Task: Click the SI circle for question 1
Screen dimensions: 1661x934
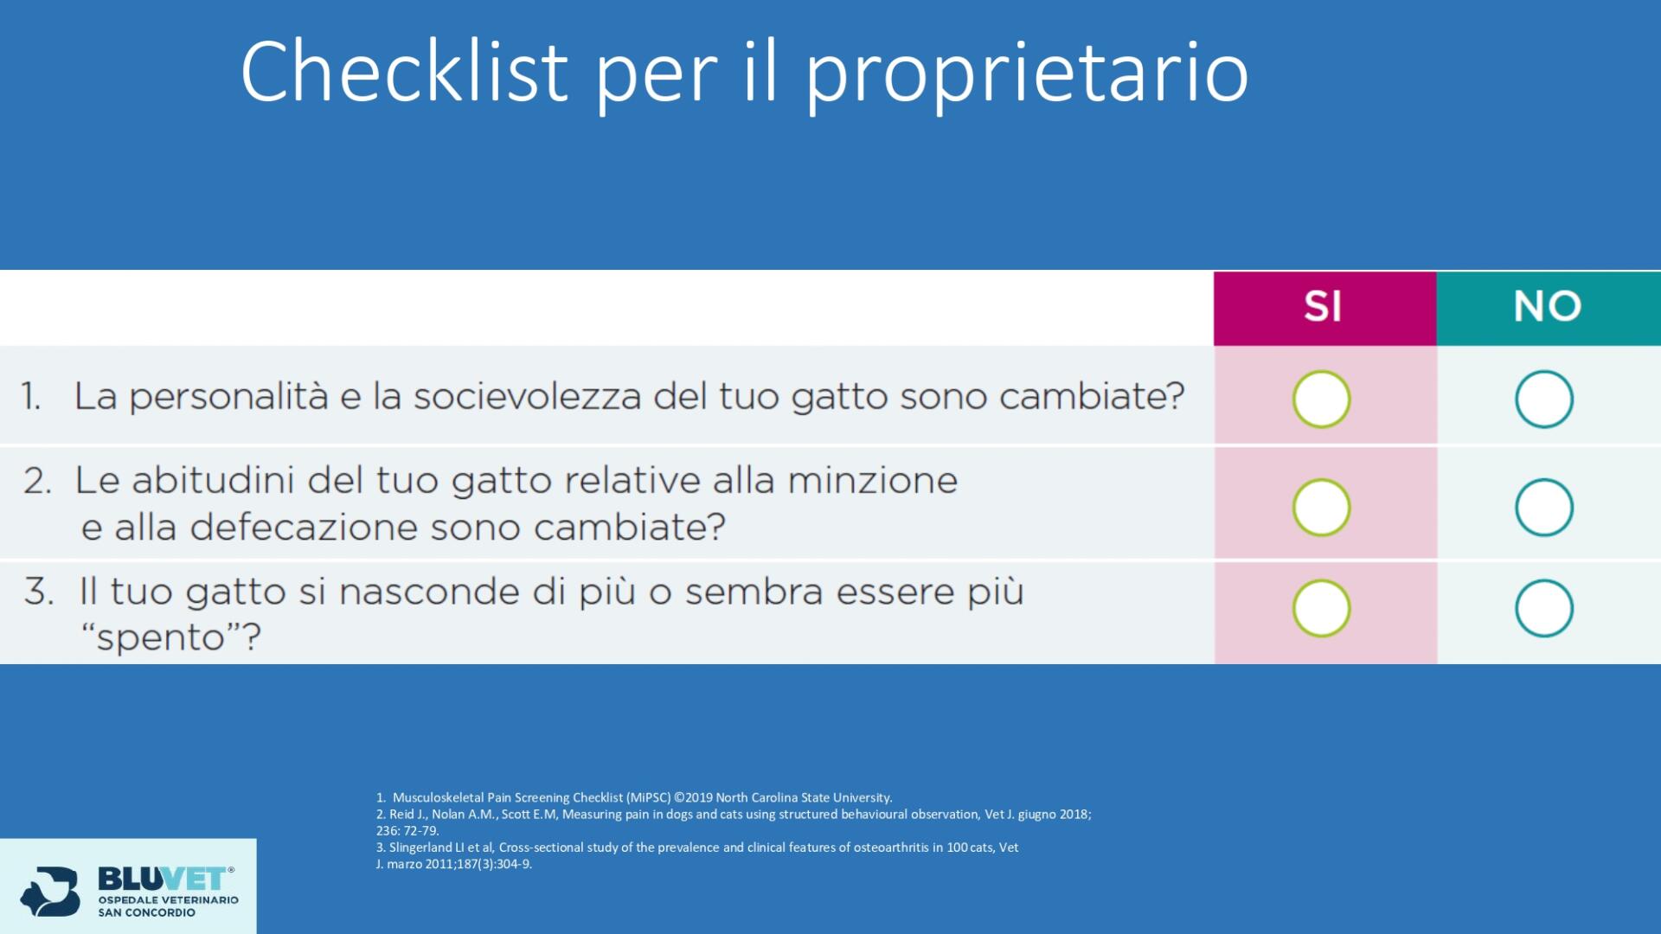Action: pyautogui.click(x=1321, y=371)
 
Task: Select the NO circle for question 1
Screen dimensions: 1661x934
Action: pyautogui.click(x=1543, y=371)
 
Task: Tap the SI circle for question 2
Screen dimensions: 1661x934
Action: pyautogui.click(x=1321, y=479)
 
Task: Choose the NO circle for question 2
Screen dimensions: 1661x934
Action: pyautogui.click(x=1543, y=479)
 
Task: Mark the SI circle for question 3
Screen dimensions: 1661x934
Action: pyautogui.click(x=1321, y=580)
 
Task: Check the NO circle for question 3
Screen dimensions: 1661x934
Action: pyautogui.click(x=1543, y=580)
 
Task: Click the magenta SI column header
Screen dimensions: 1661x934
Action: pyautogui.click(x=1324, y=308)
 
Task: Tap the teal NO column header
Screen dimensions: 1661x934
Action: pyautogui.click(x=1549, y=308)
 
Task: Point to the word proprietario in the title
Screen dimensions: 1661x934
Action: pyautogui.click(x=1028, y=76)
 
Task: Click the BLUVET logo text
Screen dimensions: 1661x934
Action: pyautogui.click(x=164, y=879)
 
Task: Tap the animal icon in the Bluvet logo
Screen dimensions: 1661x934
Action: pyautogui.click(x=50, y=891)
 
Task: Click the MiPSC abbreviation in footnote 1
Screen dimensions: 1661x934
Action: pyautogui.click(x=649, y=797)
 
